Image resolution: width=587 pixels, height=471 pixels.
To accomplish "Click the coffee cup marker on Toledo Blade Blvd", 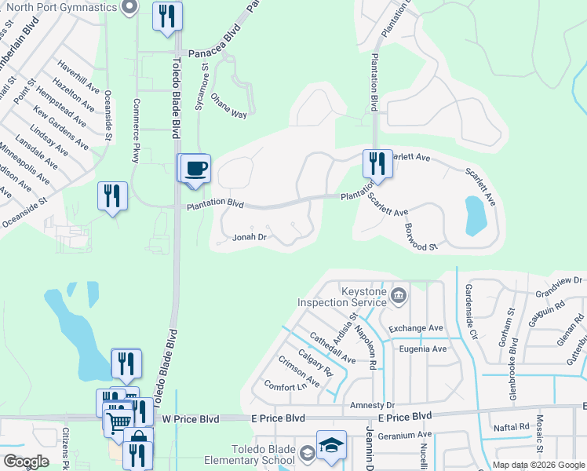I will [196, 167].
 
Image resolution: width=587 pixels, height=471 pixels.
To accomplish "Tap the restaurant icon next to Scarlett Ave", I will [375, 163].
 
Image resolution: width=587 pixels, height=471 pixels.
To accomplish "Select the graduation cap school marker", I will [331, 445].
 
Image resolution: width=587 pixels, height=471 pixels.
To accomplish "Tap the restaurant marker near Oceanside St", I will [112, 195].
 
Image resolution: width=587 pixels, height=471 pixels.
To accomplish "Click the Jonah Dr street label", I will [250, 236].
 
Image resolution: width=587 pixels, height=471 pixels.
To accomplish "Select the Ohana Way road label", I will [228, 109].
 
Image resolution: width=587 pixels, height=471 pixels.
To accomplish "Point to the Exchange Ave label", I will [416, 327].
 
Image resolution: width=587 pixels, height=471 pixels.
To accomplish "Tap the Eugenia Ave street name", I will [423, 349].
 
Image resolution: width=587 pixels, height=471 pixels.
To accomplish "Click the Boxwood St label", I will [421, 236].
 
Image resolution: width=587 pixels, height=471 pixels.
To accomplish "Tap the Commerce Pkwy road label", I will [137, 131].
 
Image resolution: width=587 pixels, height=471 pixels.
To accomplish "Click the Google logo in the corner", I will [26, 462].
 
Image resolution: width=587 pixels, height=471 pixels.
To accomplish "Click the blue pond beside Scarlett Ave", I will [476, 216].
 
